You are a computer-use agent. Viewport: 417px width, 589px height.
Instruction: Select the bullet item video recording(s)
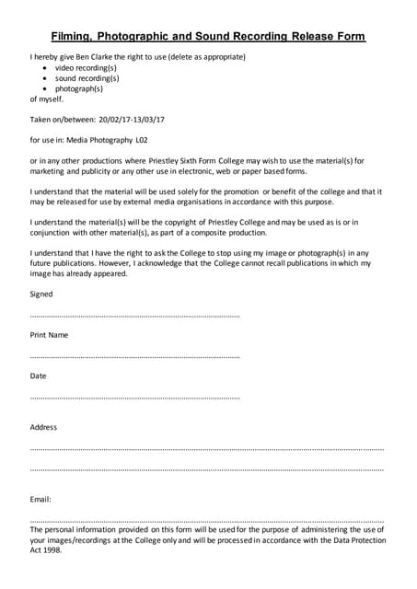coord(86,68)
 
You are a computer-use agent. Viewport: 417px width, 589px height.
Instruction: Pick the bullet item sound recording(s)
coord(87,78)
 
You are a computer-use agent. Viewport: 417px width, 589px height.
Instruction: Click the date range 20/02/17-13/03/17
coord(123,120)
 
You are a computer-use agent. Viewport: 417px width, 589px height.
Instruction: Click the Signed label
coord(41,294)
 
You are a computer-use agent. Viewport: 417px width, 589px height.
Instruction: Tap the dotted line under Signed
coord(134,316)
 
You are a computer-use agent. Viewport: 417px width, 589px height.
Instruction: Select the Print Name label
coord(49,335)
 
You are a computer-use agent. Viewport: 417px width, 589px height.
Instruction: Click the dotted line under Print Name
coord(134,356)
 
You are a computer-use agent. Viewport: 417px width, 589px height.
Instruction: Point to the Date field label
coord(38,375)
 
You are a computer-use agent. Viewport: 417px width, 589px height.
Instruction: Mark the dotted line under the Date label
coord(134,398)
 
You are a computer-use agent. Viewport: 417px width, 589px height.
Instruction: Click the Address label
coord(43,427)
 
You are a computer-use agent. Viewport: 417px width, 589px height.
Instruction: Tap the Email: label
coord(41,499)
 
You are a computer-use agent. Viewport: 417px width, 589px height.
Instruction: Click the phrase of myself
coord(47,98)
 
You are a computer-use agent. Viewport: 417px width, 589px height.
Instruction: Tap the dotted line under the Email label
coord(206,520)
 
